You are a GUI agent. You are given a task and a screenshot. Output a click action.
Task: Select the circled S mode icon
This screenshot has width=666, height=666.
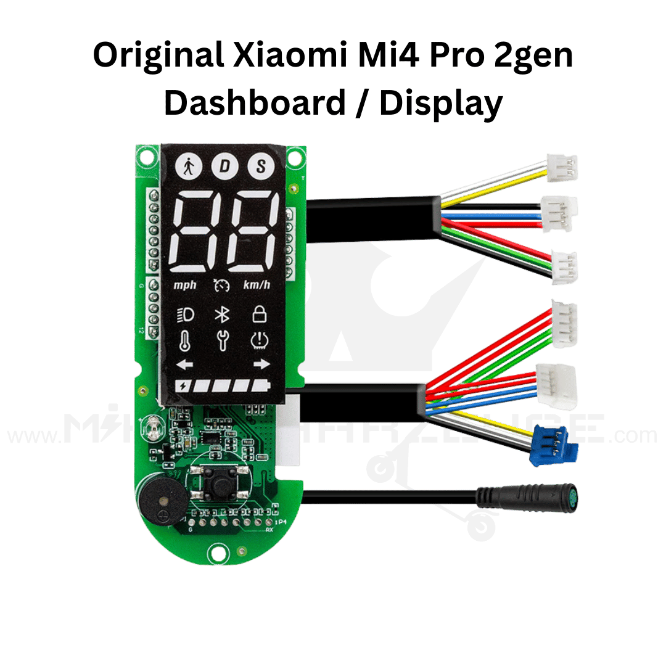click(x=261, y=166)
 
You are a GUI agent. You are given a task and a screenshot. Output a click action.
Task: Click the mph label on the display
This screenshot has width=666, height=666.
click(x=184, y=285)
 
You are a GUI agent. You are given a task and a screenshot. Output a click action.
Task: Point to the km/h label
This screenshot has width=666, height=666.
click(x=257, y=285)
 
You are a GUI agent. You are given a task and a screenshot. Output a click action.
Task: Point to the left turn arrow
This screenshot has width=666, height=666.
click(x=184, y=365)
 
